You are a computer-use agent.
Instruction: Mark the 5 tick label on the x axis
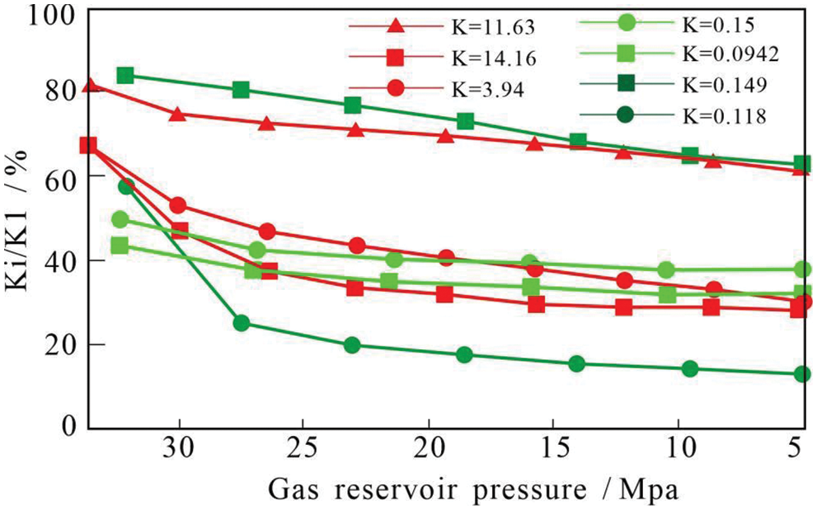pyautogui.click(x=796, y=451)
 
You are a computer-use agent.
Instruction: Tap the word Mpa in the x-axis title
pyautogui.click(x=651, y=489)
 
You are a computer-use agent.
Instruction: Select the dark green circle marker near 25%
pyautogui.click(x=241, y=323)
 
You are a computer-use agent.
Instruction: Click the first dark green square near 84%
pyautogui.click(x=125, y=76)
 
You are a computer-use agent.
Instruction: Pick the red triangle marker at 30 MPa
pyautogui.click(x=177, y=114)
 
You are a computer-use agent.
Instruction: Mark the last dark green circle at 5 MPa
pyautogui.click(x=801, y=374)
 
